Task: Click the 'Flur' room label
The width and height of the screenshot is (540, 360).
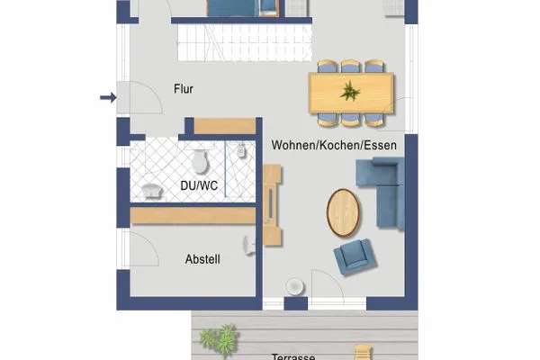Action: coord(183,89)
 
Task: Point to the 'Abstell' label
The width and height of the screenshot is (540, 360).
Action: coord(202,259)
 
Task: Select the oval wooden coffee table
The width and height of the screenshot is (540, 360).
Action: coord(342,211)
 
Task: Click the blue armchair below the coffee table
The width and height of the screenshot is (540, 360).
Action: coord(352,258)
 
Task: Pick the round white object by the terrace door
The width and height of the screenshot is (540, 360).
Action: coord(293,285)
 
